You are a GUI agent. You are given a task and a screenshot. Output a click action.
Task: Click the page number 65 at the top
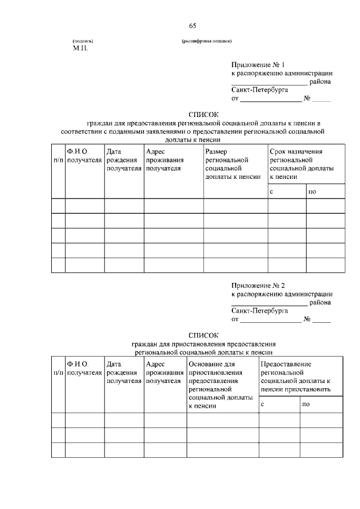(x=192, y=26)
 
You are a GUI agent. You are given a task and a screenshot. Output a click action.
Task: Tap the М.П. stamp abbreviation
(x=80, y=49)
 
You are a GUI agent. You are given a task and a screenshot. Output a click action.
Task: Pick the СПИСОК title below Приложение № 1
(x=203, y=114)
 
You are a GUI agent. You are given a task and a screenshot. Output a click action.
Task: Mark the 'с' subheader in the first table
(x=272, y=192)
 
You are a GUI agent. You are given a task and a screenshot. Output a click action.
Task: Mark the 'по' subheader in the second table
(x=306, y=404)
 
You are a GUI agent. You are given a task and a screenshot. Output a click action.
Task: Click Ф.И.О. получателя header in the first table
(x=84, y=155)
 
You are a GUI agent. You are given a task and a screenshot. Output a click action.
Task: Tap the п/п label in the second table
(x=58, y=373)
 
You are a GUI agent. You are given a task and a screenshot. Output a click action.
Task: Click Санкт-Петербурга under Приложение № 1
(x=259, y=89)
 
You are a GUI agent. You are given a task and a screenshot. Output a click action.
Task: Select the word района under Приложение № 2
(x=319, y=302)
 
